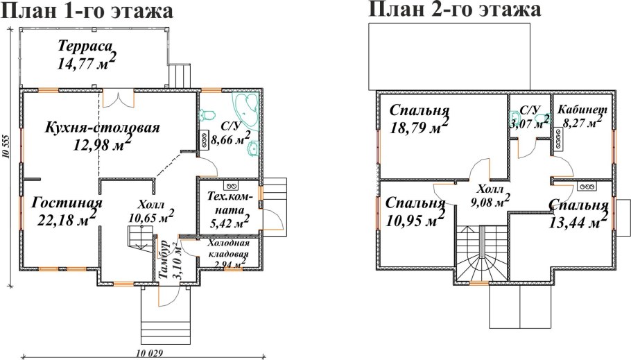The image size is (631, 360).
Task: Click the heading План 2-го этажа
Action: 454,10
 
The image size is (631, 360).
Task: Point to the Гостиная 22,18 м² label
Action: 67,211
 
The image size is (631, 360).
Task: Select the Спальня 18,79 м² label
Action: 420,119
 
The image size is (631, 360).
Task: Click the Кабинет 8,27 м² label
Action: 582,115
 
